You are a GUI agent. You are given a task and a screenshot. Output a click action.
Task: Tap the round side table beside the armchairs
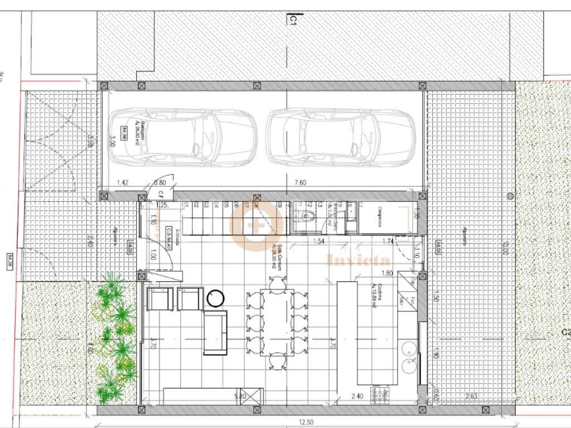tap(215, 299)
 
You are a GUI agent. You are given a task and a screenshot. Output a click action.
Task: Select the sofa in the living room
tap(215, 333)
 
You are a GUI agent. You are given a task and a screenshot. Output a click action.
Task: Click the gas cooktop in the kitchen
tap(383, 396)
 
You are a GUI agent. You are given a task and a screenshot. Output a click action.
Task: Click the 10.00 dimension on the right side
tap(505, 246)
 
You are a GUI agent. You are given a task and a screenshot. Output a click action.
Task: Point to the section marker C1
tap(292, 21)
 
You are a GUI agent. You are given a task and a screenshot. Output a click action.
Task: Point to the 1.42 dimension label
tap(123, 182)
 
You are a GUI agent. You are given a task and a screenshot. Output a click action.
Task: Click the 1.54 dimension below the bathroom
tap(318, 241)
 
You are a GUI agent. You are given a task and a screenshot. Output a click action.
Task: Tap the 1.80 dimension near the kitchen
tap(386, 273)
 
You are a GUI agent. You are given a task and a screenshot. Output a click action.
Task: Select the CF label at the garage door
tap(159, 194)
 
